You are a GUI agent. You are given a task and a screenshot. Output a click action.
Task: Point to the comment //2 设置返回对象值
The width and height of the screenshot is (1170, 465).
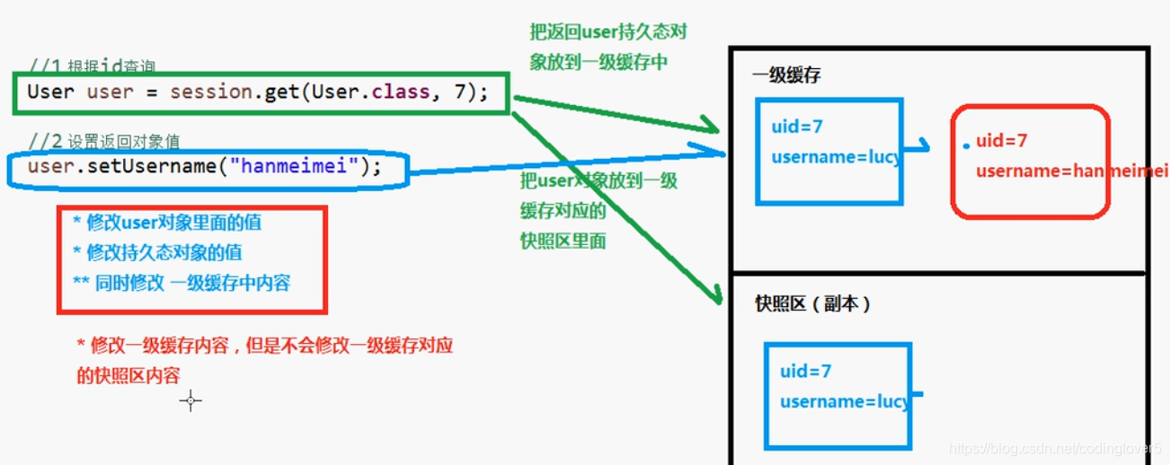[x=103, y=141]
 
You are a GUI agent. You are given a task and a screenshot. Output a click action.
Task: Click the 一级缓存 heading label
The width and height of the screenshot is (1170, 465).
[x=786, y=75]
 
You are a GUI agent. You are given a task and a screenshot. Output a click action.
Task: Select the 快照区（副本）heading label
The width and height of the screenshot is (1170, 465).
[x=812, y=304]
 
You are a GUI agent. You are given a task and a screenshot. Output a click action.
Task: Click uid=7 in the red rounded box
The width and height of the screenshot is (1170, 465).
[x=1001, y=141]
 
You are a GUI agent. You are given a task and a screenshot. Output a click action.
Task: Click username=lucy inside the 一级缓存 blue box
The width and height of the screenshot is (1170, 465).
[x=835, y=158]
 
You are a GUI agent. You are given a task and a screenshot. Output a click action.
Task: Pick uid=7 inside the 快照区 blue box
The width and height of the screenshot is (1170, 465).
[x=805, y=372]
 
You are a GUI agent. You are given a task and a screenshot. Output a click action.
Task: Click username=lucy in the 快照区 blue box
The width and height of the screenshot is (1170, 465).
[x=844, y=401]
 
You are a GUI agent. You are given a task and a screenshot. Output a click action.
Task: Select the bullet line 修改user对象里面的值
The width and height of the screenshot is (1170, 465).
[x=167, y=223]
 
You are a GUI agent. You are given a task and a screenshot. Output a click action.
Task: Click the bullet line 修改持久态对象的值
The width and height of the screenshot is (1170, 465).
[x=157, y=253]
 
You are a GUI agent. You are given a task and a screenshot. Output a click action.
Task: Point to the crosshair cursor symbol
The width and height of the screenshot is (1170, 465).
[x=191, y=401]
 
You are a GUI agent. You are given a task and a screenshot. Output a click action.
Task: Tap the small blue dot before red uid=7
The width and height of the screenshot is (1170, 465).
[x=965, y=145]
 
